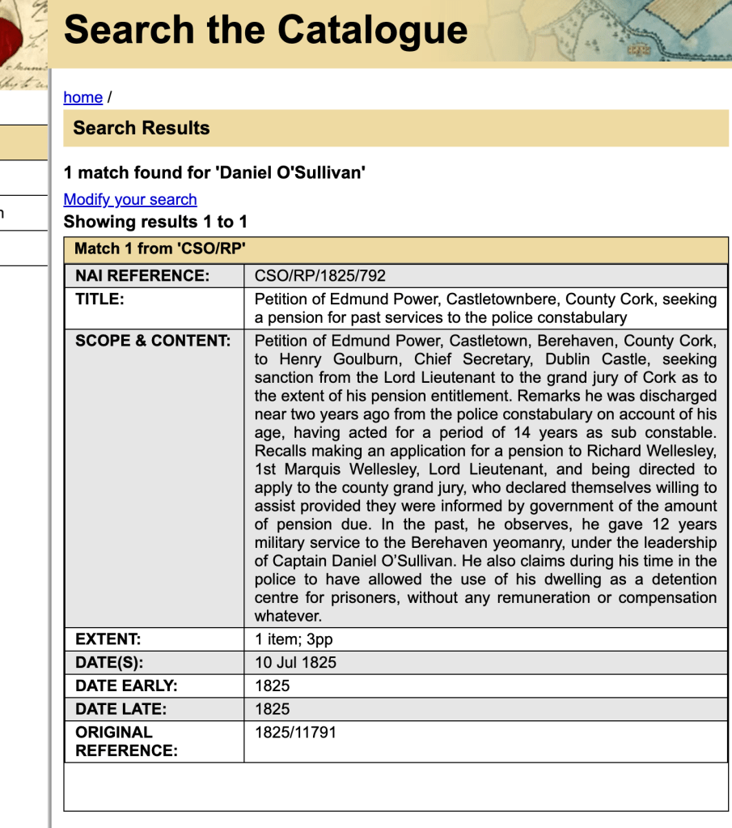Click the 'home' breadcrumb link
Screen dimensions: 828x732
[83, 97]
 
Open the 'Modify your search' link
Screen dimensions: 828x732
[129, 199]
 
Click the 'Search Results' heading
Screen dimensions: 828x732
[141, 128]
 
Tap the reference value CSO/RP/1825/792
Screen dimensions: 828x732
[319, 276]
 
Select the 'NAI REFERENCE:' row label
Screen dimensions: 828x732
[142, 276]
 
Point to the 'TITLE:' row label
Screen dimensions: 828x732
[99, 299]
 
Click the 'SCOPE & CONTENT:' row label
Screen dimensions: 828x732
[153, 341]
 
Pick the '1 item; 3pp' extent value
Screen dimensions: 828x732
[294, 639]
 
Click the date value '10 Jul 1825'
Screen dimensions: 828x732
[295, 662]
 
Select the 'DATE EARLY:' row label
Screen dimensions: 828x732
[125, 686]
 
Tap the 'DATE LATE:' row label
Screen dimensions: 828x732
[121, 709]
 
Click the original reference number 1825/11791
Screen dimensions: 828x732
[295, 732]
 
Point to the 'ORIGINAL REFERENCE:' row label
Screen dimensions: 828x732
[125, 741]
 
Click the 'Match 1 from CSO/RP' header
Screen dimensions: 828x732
[159, 248]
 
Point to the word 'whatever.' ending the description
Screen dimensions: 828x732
[288, 616]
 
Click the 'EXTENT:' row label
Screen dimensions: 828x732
[108, 639]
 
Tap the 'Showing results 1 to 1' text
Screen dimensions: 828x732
[155, 222]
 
